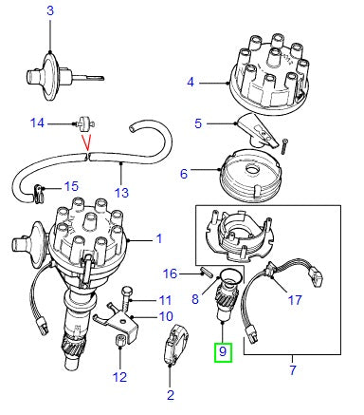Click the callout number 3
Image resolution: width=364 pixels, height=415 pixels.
tap(50, 9)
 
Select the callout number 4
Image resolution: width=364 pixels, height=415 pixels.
tap(191, 83)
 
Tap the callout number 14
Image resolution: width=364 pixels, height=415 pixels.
tap(37, 123)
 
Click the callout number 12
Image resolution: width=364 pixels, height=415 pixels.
tap(118, 376)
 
